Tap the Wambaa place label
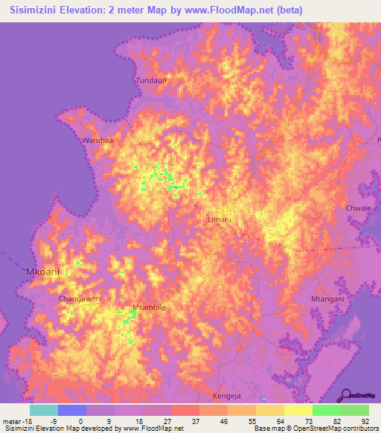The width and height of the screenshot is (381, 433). click(97, 140)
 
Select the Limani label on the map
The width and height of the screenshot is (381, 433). click(219, 219)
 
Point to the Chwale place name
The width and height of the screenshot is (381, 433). click(358, 208)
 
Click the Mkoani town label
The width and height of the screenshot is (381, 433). click(42, 272)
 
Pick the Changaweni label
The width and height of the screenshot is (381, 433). click(80, 298)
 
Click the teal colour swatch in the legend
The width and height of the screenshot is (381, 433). click(43, 410)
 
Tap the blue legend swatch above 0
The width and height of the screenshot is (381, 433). click(71, 410)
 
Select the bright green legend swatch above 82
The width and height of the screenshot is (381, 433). click(326, 410)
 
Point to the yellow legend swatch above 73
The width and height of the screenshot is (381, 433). click(298, 410)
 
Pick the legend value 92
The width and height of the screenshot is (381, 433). click(365, 420)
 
